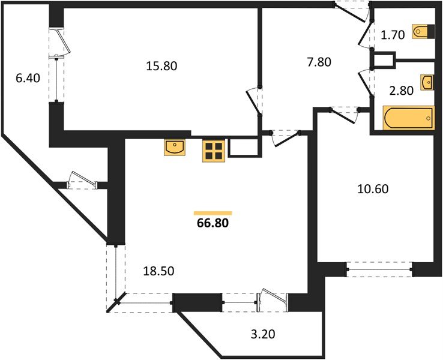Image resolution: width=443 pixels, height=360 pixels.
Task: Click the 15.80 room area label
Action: coord(161,65)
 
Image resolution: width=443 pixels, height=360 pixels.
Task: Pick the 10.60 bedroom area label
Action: coord(373,190)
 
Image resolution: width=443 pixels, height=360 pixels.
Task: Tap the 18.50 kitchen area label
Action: coord(158,271)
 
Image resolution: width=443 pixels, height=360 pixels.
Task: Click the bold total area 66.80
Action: coord(213,224)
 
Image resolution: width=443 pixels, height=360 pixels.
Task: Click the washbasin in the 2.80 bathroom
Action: coord(427,82)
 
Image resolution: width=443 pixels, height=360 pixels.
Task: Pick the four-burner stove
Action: coord(214,151)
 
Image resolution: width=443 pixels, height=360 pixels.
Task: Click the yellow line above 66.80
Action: coord(213,212)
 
